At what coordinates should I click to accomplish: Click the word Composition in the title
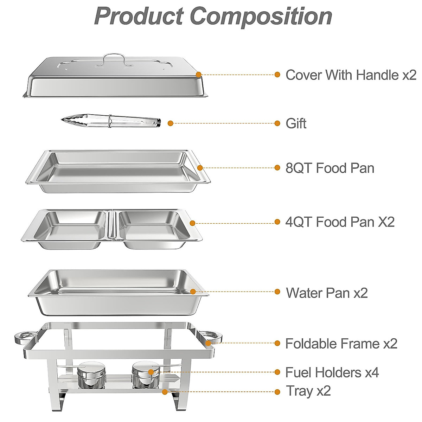click(x=261, y=16)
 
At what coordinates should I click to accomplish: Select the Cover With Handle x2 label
click(x=351, y=75)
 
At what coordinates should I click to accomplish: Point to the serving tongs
click(x=111, y=121)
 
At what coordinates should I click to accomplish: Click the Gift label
click(x=296, y=123)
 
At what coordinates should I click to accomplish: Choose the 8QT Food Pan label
click(x=330, y=168)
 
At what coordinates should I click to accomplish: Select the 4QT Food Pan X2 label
click(x=340, y=222)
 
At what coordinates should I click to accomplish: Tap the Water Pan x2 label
click(x=327, y=293)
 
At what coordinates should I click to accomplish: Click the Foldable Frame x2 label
click(x=341, y=344)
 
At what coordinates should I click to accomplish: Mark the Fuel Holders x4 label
click(x=332, y=372)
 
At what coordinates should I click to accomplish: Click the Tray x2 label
click(x=308, y=391)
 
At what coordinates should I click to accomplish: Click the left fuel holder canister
click(x=91, y=375)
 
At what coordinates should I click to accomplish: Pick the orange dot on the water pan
click(x=193, y=292)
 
